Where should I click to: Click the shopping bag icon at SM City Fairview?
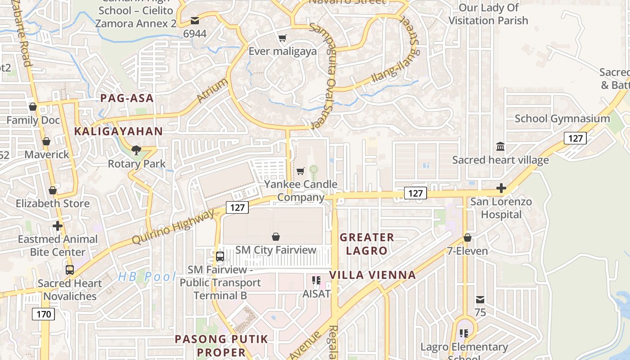click(x=276, y=237)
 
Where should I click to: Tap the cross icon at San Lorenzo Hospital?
click(x=501, y=188)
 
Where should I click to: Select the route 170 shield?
click(x=44, y=314)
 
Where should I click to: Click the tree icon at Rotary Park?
click(x=135, y=150)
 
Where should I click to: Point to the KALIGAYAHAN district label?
click(x=118, y=131)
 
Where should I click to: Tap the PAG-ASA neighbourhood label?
click(x=127, y=98)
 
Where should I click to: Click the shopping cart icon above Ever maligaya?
click(x=282, y=38)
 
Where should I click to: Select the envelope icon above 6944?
click(x=195, y=21)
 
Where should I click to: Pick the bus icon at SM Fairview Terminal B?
click(x=220, y=256)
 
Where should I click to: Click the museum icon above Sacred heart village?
click(x=500, y=147)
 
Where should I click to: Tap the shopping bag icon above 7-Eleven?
click(x=468, y=238)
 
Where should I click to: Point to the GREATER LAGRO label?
click(x=367, y=243)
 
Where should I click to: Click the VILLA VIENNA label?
click(x=372, y=274)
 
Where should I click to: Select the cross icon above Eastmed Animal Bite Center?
click(x=58, y=226)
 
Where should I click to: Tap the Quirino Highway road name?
click(x=174, y=227)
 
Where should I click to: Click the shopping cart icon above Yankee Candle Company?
click(x=300, y=171)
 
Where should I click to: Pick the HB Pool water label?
click(x=147, y=277)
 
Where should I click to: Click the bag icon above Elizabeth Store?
click(x=53, y=190)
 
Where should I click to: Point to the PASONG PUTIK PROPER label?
click(x=221, y=345)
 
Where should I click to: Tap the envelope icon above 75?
click(x=480, y=300)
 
